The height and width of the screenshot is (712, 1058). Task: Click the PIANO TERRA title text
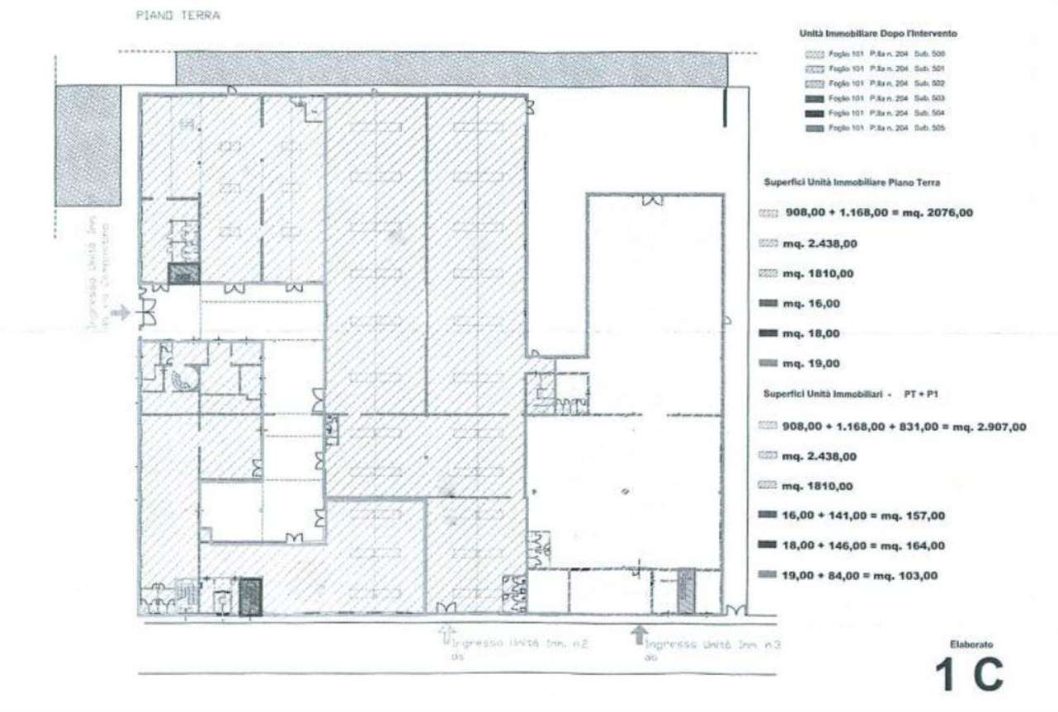[x=178, y=16]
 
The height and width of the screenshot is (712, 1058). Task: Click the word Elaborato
[x=971, y=643]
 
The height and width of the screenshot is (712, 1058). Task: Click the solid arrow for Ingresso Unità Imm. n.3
[x=637, y=634]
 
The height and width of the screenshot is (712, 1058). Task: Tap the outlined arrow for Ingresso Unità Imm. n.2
[x=446, y=634]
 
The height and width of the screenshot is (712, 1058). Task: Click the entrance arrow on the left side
[x=121, y=312]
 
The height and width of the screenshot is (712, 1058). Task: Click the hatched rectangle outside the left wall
[x=88, y=145]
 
